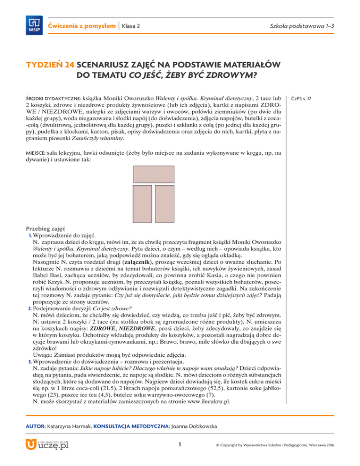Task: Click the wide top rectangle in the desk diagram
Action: (x=154, y=174)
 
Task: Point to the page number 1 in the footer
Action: (x=180, y=443)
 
